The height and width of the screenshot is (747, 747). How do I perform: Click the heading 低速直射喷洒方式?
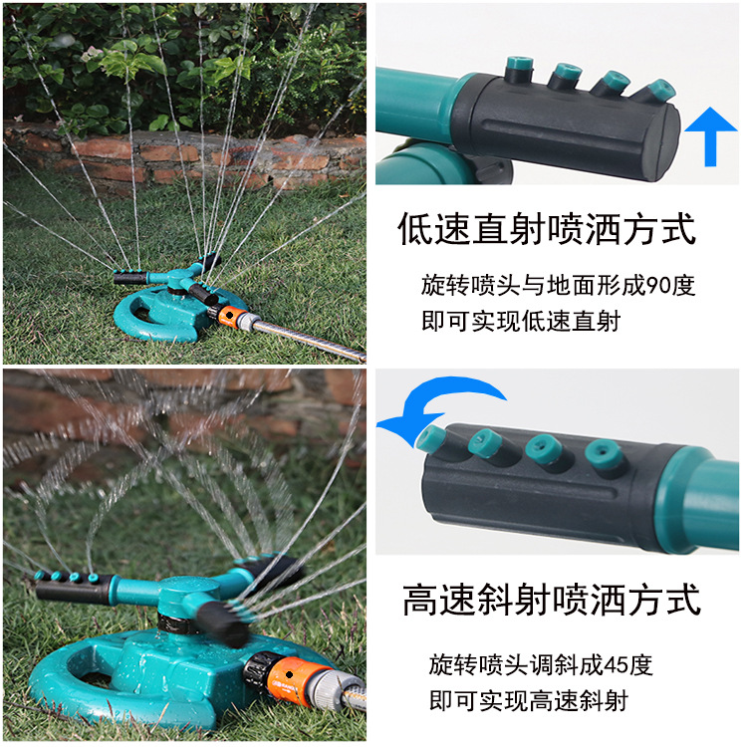[546, 230]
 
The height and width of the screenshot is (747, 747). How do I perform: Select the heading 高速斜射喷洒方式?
[552, 601]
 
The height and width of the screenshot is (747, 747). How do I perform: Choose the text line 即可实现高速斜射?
[528, 700]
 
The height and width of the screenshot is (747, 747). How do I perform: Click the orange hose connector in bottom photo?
[287, 677]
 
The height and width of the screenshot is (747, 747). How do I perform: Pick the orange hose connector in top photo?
[230, 317]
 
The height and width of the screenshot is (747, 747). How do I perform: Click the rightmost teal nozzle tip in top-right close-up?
[656, 91]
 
